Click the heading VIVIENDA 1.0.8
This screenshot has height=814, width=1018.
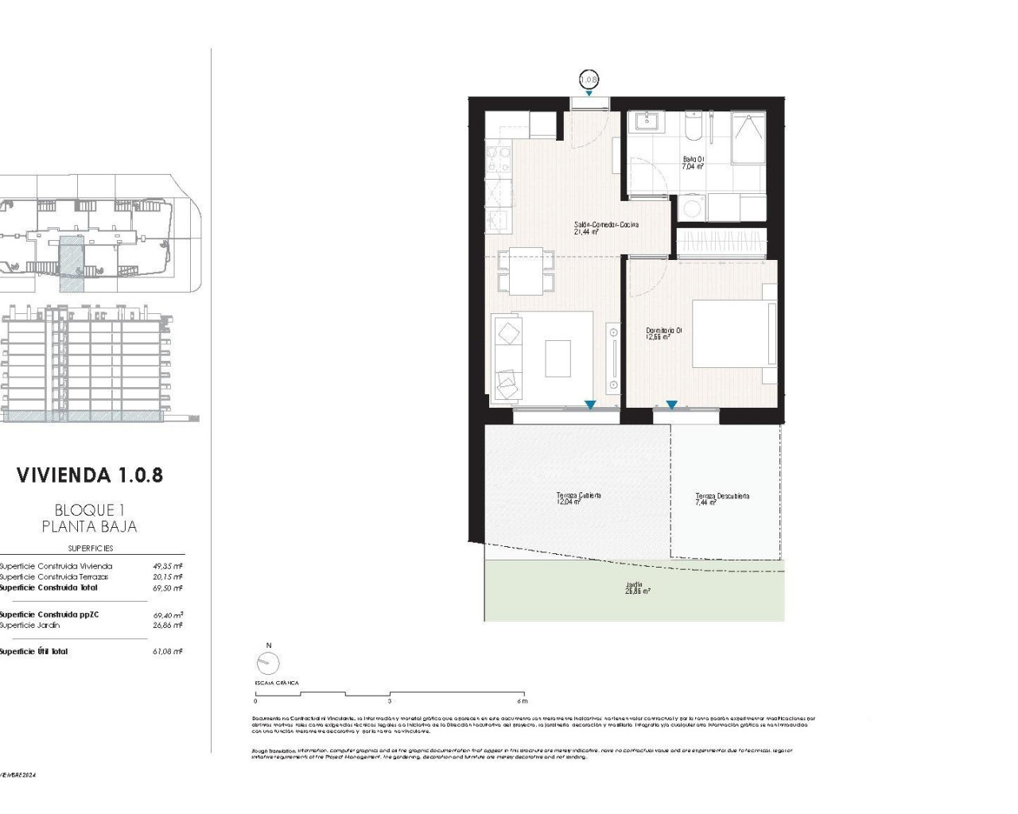(x=90, y=475)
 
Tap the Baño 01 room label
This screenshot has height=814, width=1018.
(x=694, y=163)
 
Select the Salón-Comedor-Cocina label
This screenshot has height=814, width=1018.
(x=606, y=228)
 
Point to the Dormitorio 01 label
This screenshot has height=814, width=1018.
(x=663, y=333)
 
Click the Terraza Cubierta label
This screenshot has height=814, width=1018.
(x=578, y=498)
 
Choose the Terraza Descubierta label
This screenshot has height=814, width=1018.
(x=721, y=499)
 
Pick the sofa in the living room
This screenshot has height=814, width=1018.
(x=507, y=357)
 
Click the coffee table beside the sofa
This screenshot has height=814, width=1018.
(x=558, y=358)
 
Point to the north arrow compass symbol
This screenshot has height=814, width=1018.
(x=269, y=662)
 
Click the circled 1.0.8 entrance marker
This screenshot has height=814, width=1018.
(x=588, y=79)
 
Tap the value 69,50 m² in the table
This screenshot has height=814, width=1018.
(x=168, y=587)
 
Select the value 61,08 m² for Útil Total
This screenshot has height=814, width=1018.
(x=168, y=651)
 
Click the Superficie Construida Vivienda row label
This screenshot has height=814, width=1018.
(x=56, y=566)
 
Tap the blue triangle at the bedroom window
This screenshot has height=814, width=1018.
(x=671, y=405)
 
